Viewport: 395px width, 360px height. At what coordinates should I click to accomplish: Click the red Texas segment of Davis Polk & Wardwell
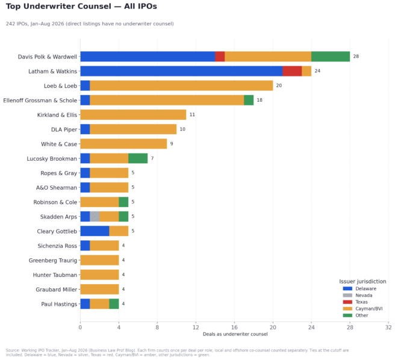point(220,57)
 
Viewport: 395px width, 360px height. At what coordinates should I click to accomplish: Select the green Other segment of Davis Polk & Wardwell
point(331,57)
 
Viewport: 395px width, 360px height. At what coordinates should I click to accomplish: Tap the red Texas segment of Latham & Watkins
point(292,71)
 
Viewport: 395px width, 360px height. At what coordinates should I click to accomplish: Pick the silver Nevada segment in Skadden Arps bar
point(95,217)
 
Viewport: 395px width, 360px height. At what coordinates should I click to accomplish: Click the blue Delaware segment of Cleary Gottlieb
point(95,231)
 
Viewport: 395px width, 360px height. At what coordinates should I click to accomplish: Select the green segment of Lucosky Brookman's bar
point(138,158)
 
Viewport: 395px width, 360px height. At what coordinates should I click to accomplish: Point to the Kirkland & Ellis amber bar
point(133,114)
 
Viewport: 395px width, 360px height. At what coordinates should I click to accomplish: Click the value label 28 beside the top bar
point(356,57)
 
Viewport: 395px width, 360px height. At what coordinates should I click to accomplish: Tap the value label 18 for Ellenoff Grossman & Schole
point(260,100)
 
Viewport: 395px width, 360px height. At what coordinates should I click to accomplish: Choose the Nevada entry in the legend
point(364,295)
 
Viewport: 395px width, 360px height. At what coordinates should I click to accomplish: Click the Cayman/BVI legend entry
point(369,309)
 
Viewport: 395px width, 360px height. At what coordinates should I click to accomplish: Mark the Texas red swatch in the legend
point(347,302)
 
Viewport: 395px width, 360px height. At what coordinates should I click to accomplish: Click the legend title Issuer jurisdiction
point(362,281)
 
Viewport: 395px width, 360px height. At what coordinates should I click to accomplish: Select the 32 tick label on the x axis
point(388,327)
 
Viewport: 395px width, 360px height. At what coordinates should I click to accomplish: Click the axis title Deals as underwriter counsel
point(235,334)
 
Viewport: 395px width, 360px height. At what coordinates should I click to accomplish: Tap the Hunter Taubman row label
point(55,275)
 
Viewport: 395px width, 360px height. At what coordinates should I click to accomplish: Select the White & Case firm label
point(59,144)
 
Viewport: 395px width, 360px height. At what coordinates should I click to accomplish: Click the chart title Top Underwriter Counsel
point(58,6)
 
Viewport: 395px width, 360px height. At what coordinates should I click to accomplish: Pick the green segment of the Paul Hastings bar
point(114,304)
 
